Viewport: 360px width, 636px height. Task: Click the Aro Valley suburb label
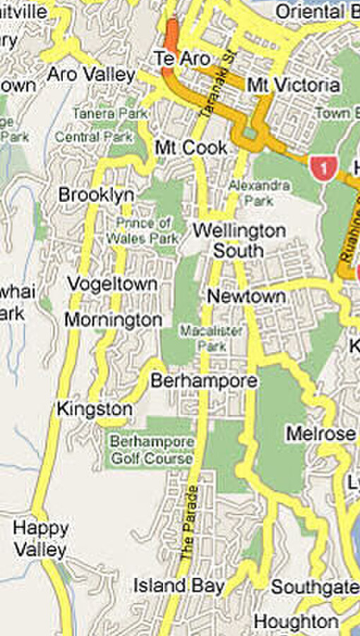(x=91, y=74)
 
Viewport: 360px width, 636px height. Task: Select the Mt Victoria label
(x=293, y=85)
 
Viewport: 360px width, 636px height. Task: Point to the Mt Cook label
(x=191, y=148)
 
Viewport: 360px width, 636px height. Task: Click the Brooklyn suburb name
(x=96, y=195)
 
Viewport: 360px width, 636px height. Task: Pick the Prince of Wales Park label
(x=143, y=232)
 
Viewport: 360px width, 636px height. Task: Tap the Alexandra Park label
(x=259, y=192)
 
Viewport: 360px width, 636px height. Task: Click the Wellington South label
(x=239, y=241)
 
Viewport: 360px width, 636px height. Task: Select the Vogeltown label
(x=112, y=284)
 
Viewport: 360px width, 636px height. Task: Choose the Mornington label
(x=113, y=320)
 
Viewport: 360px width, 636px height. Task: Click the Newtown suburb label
(x=246, y=296)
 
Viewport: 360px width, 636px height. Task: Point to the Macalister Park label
(x=212, y=338)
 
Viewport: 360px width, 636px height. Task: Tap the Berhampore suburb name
(x=204, y=381)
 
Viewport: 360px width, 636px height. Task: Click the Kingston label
(x=95, y=409)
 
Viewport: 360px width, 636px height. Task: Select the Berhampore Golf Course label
(x=151, y=450)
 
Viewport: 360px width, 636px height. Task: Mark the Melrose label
(x=320, y=433)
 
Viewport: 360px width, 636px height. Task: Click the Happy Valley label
(x=41, y=539)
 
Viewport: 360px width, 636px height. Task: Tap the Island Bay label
(x=179, y=585)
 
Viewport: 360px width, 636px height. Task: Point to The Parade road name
(x=189, y=523)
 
